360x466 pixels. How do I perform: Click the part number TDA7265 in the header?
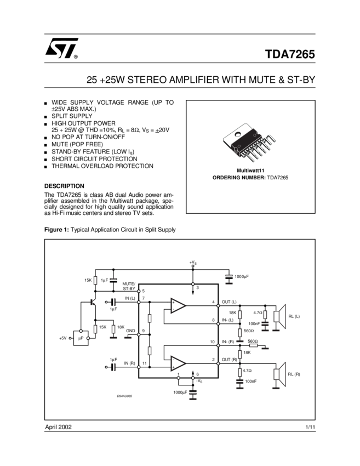(290, 55)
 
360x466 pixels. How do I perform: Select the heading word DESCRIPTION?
(64, 186)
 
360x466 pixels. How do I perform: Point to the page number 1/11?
(310, 427)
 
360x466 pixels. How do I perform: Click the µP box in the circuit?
(81, 338)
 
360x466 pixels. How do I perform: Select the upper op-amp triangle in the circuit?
(178, 306)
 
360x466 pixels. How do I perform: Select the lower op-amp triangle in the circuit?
(178, 363)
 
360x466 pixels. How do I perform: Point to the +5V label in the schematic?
(63, 338)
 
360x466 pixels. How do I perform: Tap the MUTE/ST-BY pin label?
(129, 286)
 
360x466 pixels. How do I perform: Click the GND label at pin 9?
(130, 331)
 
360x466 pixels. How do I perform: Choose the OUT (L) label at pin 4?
(229, 302)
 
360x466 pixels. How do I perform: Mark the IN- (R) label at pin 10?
(227, 342)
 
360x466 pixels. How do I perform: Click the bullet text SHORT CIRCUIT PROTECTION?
(94, 158)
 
